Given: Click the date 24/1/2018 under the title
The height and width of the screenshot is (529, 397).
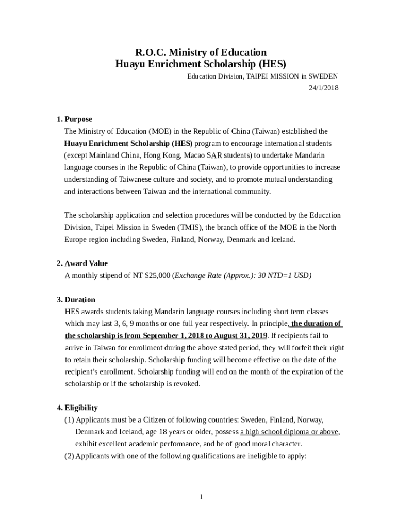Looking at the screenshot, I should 323,88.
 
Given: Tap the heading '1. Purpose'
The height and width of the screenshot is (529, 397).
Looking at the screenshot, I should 75,119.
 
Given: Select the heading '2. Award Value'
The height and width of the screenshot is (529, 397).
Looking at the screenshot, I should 82,263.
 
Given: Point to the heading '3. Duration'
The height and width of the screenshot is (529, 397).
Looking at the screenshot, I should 76,300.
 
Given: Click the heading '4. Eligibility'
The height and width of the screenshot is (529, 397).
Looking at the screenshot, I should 77,408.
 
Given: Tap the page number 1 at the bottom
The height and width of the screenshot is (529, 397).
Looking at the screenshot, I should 202,497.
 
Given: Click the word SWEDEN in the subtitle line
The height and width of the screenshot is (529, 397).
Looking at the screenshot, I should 323,76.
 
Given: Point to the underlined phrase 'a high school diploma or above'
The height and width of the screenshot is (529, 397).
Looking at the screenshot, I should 289,432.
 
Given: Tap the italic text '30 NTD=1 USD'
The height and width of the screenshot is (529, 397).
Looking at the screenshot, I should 285,276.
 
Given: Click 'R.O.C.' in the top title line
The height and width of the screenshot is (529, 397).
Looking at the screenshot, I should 150,52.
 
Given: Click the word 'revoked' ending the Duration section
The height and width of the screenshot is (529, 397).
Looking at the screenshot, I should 186,384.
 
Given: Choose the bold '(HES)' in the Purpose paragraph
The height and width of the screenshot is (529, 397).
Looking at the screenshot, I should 183,144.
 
